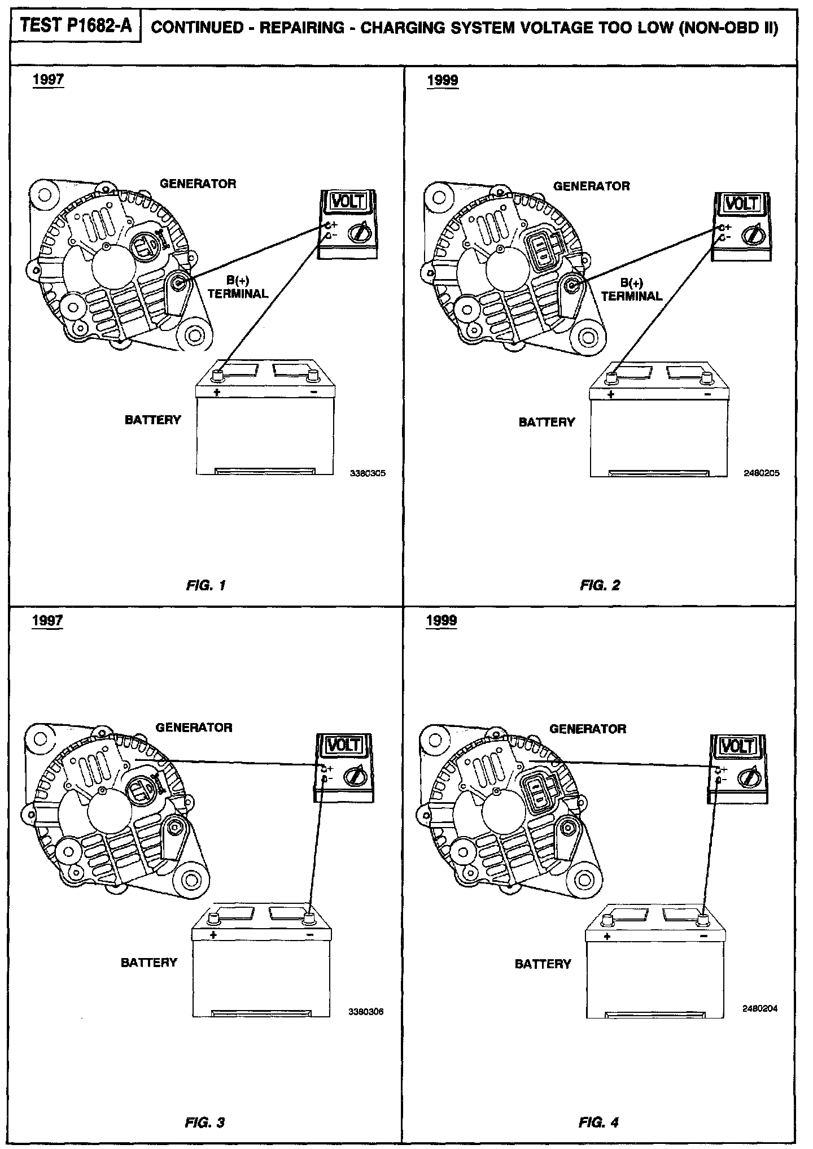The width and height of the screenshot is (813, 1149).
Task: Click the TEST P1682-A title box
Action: [x=75, y=27]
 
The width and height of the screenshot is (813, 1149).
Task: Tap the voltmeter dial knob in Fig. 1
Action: [x=358, y=232]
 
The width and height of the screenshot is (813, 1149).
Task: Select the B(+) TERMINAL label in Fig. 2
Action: [x=632, y=290]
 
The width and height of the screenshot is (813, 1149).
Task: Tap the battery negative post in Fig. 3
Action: [x=309, y=917]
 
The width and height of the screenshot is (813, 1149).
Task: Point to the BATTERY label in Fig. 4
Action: [x=543, y=964]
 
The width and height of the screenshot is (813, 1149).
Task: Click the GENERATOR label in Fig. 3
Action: [x=194, y=728]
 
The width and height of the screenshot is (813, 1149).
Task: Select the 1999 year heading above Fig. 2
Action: [x=443, y=80]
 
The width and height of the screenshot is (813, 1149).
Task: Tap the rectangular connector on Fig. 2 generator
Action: [x=540, y=249]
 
